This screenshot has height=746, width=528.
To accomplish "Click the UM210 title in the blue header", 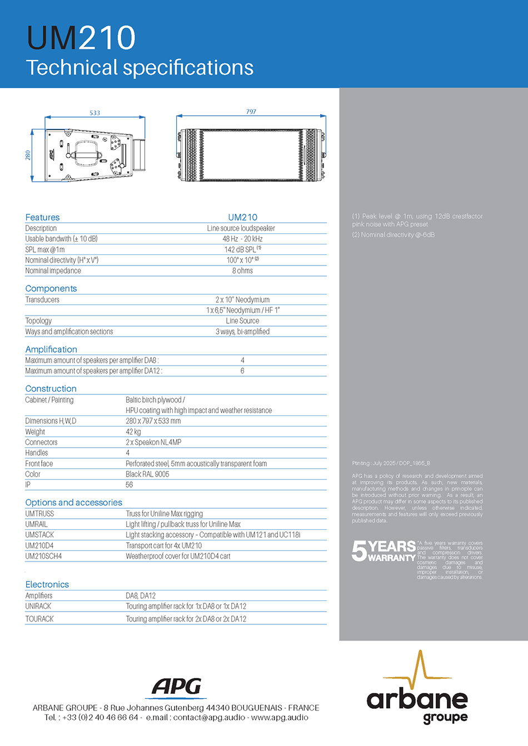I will click(x=81, y=38).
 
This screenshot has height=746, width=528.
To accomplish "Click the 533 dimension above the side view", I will click(x=95, y=113).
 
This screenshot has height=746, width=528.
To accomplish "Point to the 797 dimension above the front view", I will click(x=251, y=112).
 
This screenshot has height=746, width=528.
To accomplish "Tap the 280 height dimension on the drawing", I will click(x=28, y=155).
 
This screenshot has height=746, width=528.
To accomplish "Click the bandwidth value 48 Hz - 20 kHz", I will click(x=242, y=239).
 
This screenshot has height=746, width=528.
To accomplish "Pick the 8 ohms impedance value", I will click(x=242, y=271).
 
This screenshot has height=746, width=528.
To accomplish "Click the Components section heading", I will click(x=51, y=288).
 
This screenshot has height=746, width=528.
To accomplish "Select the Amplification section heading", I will click(x=51, y=349).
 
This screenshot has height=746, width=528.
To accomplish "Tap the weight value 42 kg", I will click(x=133, y=432).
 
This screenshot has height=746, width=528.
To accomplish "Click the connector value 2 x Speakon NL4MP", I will click(x=153, y=442).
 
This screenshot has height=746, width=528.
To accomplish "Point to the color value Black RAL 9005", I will click(x=147, y=474).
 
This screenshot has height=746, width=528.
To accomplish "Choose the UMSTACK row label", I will click(x=39, y=534).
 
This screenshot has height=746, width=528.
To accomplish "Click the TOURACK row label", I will click(x=39, y=619).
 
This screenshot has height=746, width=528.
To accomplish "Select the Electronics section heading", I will click(x=47, y=584).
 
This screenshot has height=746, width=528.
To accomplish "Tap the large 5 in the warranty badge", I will click(x=359, y=550).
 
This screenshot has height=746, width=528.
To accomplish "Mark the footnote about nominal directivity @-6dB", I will click(x=393, y=235).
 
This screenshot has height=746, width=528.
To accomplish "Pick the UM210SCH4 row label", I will click(x=43, y=556).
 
